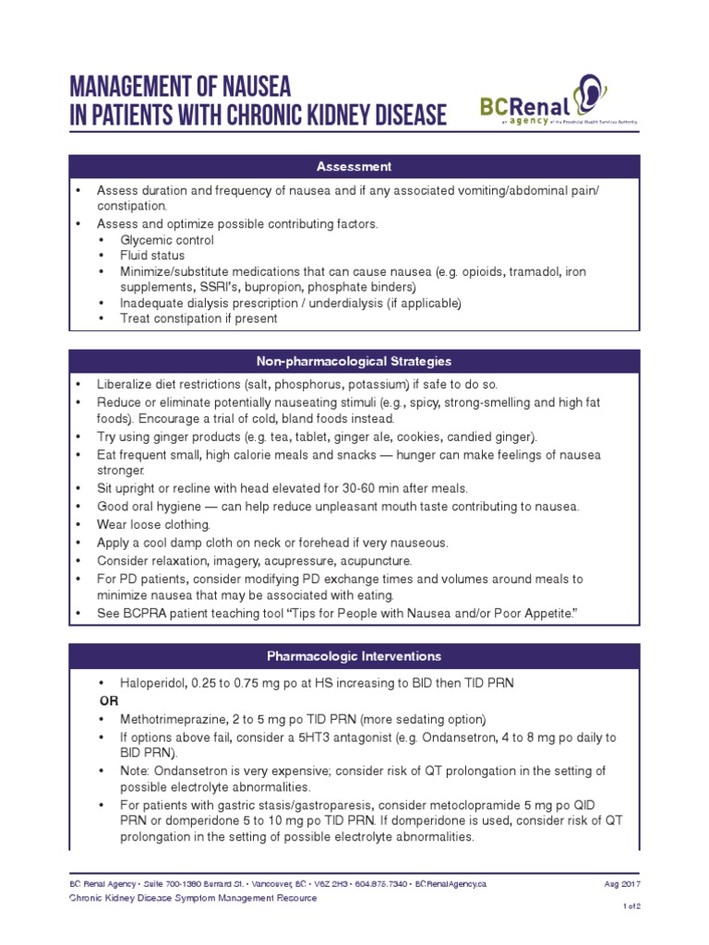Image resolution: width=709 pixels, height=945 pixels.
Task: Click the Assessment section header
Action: click(x=354, y=167)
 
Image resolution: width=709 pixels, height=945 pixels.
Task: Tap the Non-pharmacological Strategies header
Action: click(x=354, y=361)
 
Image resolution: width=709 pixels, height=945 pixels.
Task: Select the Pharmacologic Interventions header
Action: click(x=354, y=656)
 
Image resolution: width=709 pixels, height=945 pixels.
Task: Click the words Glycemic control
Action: click(x=167, y=240)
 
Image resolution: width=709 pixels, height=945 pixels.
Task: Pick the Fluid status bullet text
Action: click(x=152, y=256)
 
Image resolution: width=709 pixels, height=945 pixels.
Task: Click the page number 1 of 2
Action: click(x=632, y=907)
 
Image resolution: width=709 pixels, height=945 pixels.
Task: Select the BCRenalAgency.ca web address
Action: click(x=451, y=883)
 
